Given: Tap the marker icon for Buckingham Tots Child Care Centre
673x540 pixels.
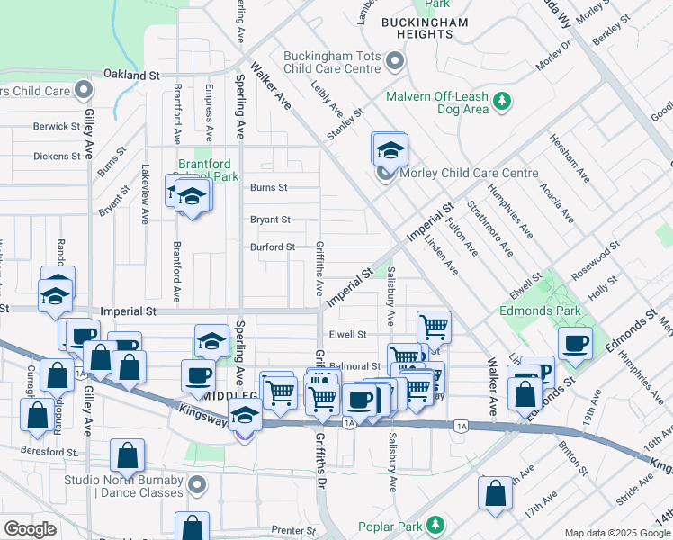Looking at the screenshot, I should [x=394, y=62].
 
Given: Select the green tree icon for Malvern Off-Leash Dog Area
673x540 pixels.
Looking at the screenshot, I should [x=501, y=103].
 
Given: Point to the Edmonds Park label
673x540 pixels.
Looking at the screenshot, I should [x=540, y=310].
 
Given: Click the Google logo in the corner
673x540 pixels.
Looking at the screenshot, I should [x=30, y=529].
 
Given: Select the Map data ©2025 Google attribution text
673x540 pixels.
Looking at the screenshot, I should [x=617, y=533].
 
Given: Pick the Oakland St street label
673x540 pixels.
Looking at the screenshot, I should [x=130, y=75].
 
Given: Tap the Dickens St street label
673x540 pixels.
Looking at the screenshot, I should [x=57, y=156].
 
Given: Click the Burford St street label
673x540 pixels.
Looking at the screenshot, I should [x=272, y=247].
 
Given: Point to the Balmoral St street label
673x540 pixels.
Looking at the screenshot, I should [x=354, y=366].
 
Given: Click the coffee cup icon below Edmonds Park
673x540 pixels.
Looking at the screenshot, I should [x=576, y=342].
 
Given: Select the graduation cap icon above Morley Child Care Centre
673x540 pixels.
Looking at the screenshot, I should [x=390, y=148].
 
